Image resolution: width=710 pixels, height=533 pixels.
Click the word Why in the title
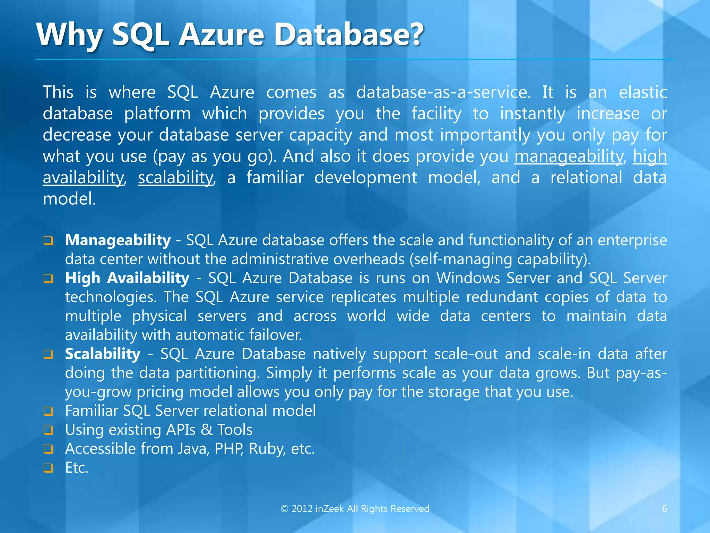(x=69, y=35)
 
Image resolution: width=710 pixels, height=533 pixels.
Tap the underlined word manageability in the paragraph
(x=569, y=156)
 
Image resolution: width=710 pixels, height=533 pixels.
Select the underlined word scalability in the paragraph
(x=175, y=178)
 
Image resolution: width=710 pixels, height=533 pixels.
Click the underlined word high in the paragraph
(x=650, y=156)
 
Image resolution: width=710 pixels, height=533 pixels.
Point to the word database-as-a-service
(x=443, y=93)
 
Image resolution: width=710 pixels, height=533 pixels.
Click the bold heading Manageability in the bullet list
(x=118, y=240)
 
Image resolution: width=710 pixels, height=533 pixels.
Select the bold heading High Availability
(x=127, y=278)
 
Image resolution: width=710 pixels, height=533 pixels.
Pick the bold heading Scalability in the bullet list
(x=103, y=354)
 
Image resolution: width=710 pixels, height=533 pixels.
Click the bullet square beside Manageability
(x=48, y=241)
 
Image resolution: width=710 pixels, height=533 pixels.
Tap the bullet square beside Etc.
(x=48, y=468)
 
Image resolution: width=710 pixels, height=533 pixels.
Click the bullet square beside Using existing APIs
(x=48, y=430)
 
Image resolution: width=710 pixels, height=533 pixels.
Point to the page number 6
(x=665, y=509)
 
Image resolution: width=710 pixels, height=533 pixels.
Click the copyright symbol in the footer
(x=284, y=509)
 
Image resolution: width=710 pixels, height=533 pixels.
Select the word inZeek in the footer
(x=330, y=509)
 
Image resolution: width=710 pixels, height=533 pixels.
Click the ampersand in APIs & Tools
(x=207, y=430)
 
